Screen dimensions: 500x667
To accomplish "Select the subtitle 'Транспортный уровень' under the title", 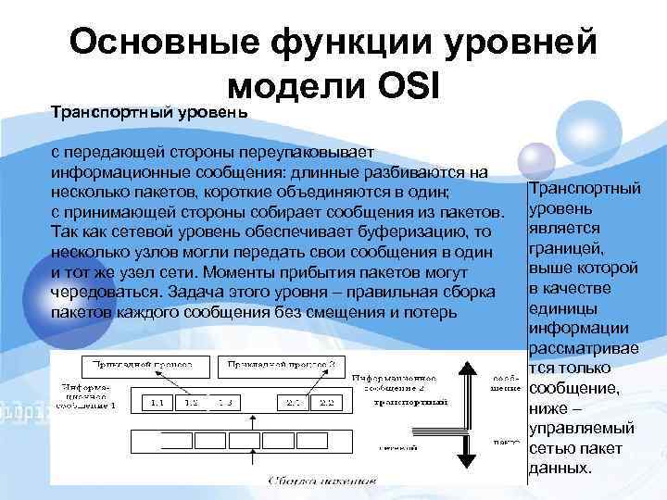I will tap(148, 113).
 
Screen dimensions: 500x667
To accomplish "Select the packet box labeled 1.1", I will tap(157, 403).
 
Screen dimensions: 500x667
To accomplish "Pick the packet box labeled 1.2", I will tap(190, 403).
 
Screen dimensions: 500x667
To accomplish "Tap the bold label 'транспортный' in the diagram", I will tap(409, 403).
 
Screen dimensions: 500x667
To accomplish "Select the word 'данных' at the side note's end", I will tap(557, 469).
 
